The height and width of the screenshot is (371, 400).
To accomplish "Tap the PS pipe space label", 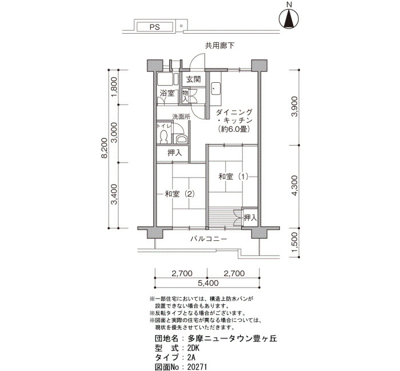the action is [155, 27].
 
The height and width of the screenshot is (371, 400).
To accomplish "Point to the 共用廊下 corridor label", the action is [219, 46].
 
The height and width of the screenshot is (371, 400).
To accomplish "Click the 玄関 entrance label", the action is [193, 79].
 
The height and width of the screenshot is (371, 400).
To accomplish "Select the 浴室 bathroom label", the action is [167, 93].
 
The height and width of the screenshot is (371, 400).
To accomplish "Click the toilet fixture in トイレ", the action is [163, 136].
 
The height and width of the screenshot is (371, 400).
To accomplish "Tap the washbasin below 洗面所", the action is [181, 139].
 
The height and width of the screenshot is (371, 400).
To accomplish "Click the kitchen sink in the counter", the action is [216, 88].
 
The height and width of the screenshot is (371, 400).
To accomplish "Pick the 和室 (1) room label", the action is [233, 176].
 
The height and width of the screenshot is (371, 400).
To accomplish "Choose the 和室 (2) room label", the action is [180, 194].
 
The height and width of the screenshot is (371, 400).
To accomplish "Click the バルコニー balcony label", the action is [209, 239].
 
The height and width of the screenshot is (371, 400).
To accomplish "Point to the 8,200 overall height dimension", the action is [105, 148].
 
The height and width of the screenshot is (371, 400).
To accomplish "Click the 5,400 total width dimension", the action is [208, 283].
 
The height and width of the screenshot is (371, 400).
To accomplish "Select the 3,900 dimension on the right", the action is [294, 106].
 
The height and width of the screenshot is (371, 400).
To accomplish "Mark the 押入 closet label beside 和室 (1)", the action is [250, 218].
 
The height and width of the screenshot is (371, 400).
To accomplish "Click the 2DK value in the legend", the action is [193, 348].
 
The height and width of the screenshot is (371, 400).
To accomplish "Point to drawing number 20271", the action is [197, 367].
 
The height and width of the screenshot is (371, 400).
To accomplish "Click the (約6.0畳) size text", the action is [234, 129].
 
